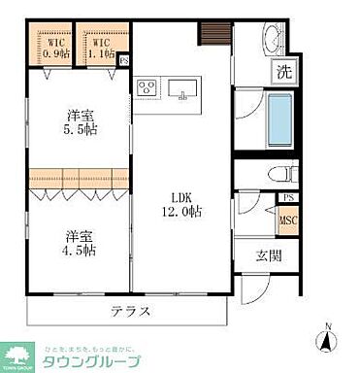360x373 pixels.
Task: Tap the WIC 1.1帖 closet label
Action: click(x=101, y=48)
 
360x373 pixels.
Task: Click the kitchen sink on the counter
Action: click(x=182, y=89)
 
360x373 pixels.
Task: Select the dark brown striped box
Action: click(x=213, y=33)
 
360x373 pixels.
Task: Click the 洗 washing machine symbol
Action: click(x=284, y=70)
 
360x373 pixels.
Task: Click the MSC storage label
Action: click(x=287, y=221)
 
